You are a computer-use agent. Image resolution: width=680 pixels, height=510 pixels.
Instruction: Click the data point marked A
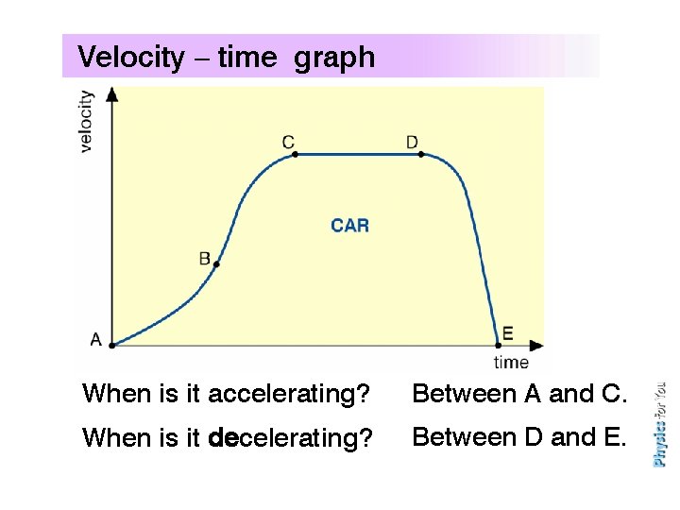[x=112, y=345]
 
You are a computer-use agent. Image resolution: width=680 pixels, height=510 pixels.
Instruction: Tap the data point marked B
[x=217, y=265]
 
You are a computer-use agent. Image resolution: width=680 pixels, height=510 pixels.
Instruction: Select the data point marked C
[x=295, y=153]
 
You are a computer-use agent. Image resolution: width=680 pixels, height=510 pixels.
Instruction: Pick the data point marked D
[x=420, y=153]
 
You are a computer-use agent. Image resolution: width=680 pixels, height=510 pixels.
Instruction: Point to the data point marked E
[x=498, y=344]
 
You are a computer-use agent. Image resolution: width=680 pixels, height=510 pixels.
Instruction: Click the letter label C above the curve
[x=288, y=142]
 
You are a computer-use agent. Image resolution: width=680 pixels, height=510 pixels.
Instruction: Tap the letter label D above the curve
[x=412, y=142]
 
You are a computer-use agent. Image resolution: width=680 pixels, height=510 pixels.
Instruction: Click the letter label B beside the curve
[x=205, y=258]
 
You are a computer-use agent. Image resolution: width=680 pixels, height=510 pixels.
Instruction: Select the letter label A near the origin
[x=95, y=339]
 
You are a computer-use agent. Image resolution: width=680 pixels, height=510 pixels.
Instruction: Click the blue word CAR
[x=349, y=226]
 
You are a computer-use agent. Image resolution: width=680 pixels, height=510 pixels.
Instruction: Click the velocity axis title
[x=86, y=121]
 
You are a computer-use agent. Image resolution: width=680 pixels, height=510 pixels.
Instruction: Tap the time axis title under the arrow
[x=511, y=362]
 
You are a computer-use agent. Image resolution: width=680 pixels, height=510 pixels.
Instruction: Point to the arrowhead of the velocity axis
[x=112, y=93]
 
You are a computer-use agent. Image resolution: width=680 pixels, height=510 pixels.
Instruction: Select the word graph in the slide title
[x=334, y=59]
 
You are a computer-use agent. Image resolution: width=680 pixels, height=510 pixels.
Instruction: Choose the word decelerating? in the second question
[x=291, y=438]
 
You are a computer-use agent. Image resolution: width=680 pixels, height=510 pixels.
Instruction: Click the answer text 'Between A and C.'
[x=519, y=394]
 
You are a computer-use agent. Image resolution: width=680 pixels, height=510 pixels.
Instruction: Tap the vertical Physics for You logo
[x=659, y=424]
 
